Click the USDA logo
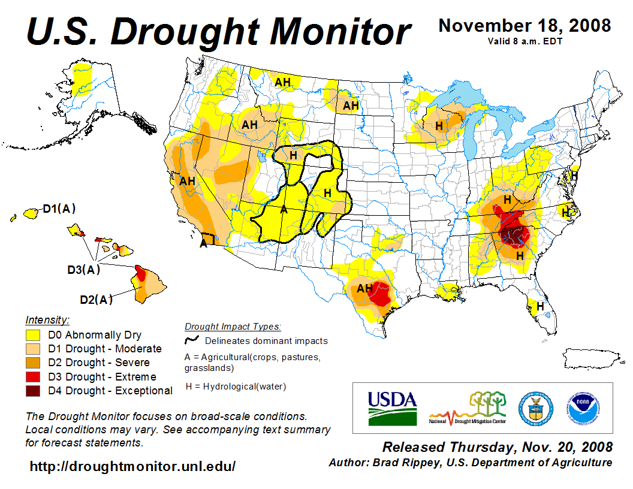(x=391, y=408)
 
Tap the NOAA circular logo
(x=580, y=408)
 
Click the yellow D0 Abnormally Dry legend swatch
(x=33, y=335)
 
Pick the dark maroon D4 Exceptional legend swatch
(x=33, y=391)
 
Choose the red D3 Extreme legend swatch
(x=33, y=377)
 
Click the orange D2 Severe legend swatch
(x=33, y=363)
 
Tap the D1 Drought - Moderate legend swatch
(x=33, y=349)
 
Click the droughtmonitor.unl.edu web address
(x=132, y=466)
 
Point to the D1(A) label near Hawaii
(x=59, y=209)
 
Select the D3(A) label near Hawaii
(x=83, y=270)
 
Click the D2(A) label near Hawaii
(x=96, y=300)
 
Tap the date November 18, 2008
(x=525, y=26)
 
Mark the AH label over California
(x=188, y=180)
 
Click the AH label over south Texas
(x=364, y=288)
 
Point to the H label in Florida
(x=540, y=306)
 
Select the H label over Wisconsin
(x=439, y=126)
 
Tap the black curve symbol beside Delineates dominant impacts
(x=192, y=340)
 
